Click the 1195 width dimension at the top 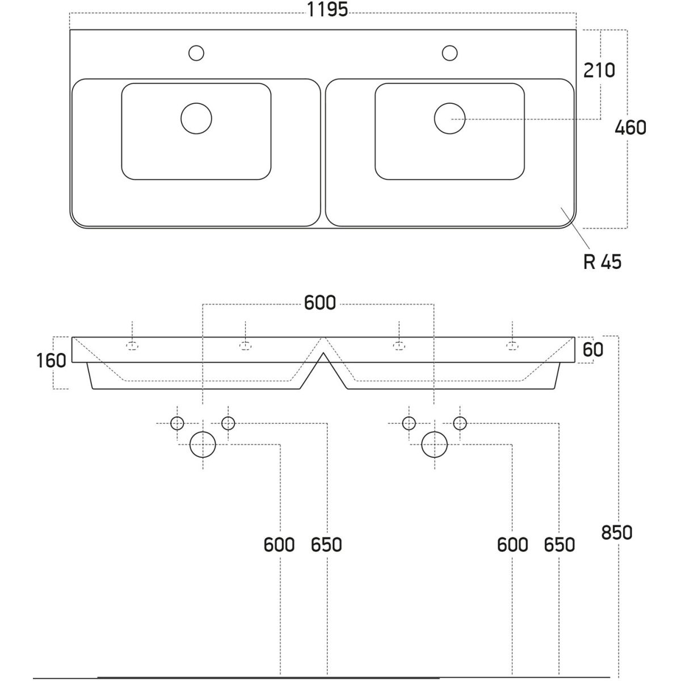click(x=327, y=10)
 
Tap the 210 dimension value click(x=599, y=70)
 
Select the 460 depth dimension click(x=630, y=128)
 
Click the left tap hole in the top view click(x=196, y=53)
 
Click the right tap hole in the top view click(x=450, y=53)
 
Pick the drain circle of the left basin click(x=196, y=119)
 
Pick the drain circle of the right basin click(x=449, y=119)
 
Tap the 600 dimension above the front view click(x=320, y=303)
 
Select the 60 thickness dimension click(x=593, y=350)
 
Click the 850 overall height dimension click(x=616, y=533)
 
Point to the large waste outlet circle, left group click(x=203, y=444)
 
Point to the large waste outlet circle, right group click(x=435, y=444)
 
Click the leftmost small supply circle click(x=178, y=423)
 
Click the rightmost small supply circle click(x=460, y=423)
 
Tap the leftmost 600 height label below click(x=279, y=545)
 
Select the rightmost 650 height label click(x=559, y=545)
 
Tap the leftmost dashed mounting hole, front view click(x=132, y=346)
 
